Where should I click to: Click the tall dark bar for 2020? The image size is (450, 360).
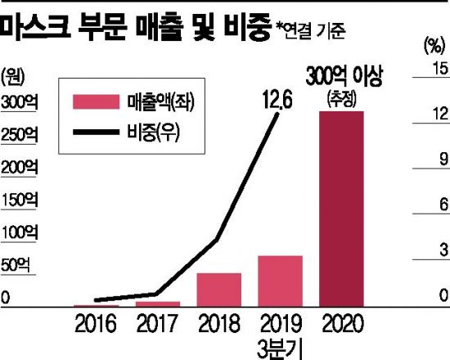(x=341, y=209)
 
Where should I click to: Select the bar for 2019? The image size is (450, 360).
(x=281, y=281)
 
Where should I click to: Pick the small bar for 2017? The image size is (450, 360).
(x=158, y=304)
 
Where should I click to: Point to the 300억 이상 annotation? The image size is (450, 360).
(x=342, y=78)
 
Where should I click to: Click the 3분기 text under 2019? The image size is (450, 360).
(x=281, y=348)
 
